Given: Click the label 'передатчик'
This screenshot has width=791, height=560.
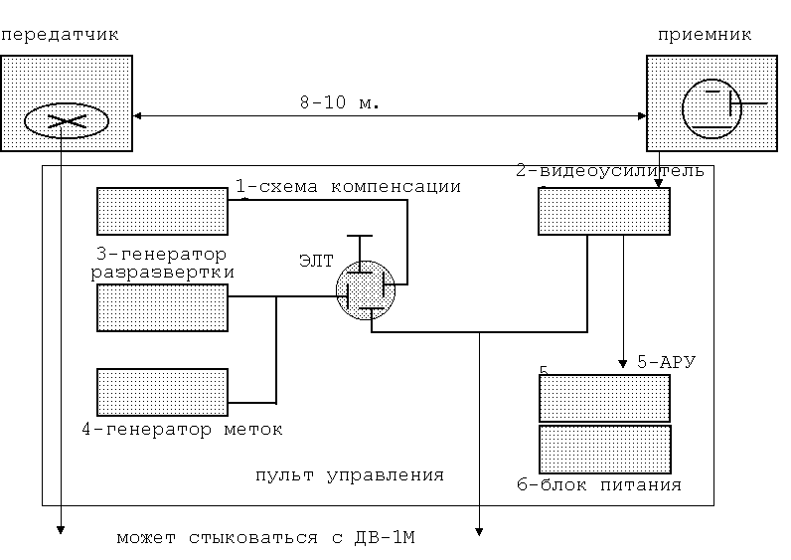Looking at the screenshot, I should [x=60, y=34].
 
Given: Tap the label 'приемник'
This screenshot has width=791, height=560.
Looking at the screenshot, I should [x=705, y=34].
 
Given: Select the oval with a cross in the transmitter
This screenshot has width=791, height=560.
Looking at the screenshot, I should [x=66, y=121].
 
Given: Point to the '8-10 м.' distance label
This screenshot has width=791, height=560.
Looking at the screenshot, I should [x=340, y=102].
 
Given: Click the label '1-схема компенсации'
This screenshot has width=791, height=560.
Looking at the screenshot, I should [x=348, y=186].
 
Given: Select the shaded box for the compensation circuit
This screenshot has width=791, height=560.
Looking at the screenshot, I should [x=163, y=211].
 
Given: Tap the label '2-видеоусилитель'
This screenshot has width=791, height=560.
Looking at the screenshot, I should [x=610, y=170].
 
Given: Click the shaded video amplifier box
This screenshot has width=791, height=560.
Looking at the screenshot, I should [x=604, y=211].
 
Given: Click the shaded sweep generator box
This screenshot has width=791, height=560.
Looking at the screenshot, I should [x=163, y=307].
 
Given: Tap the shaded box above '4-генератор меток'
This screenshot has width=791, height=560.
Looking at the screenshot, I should [x=163, y=392].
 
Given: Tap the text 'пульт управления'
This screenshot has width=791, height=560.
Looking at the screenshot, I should [x=349, y=474].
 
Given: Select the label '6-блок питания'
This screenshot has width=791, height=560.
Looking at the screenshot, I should [x=599, y=485].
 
